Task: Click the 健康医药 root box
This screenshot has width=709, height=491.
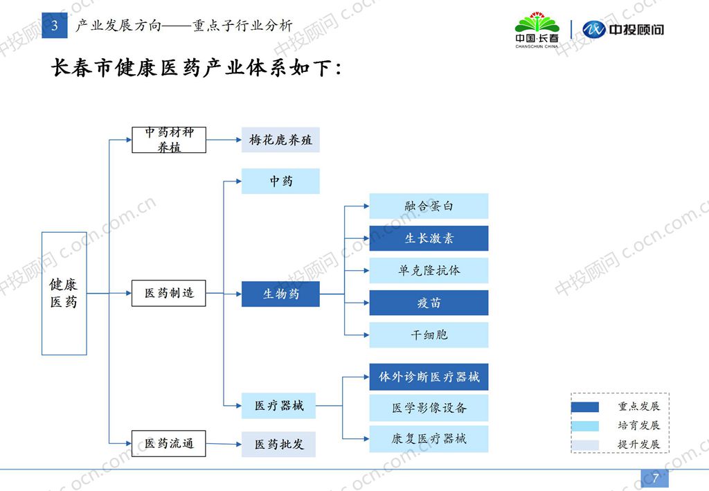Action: tap(64, 293)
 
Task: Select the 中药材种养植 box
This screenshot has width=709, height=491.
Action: tap(169, 140)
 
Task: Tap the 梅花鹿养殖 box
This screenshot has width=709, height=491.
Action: tap(280, 140)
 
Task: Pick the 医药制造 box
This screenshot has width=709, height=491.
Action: tap(169, 293)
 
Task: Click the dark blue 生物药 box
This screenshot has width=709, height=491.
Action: tap(280, 294)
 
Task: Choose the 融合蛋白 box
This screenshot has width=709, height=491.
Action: tap(429, 206)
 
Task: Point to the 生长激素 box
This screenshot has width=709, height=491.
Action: tap(429, 238)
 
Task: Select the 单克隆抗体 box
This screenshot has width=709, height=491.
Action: tap(429, 270)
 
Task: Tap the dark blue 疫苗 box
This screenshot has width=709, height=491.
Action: tap(429, 303)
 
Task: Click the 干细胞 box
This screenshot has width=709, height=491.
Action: tap(429, 334)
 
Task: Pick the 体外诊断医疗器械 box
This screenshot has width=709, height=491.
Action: tap(429, 377)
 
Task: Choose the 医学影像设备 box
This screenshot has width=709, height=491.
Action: tap(429, 408)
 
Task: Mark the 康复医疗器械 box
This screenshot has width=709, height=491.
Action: tap(429, 439)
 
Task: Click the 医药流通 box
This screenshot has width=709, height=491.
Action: tap(169, 443)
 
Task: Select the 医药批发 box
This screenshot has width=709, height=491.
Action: tap(278, 444)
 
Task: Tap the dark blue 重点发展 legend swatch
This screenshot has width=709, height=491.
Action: tap(584, 407)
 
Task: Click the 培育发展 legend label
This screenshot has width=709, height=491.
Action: tap(638, 425)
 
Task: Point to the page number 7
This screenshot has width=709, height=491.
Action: tap(654, 477)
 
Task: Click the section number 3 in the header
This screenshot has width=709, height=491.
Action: tap(55, 26)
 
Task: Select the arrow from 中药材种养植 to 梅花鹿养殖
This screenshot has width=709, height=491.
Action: tap(223, 140)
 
